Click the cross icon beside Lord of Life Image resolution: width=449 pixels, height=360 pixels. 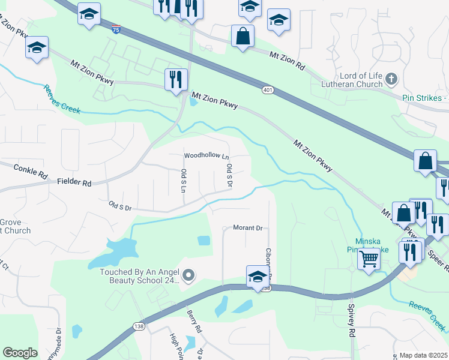pyautogui.click(x=391, y=78)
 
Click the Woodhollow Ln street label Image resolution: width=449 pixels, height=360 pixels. pyautogui.click(x=206, y=156)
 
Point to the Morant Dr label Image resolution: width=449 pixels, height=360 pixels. pyautogui.click(x=248, y=228)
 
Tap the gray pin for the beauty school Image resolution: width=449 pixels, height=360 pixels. pyautogui.click(x=189, y=275)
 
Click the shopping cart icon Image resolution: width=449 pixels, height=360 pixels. pyautogui.click(x=369, y=259)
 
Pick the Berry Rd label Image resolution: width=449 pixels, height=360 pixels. pyautogui.click(x=193, y=321)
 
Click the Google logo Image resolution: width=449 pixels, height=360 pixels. pyautogui.click(x=20, y=353)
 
